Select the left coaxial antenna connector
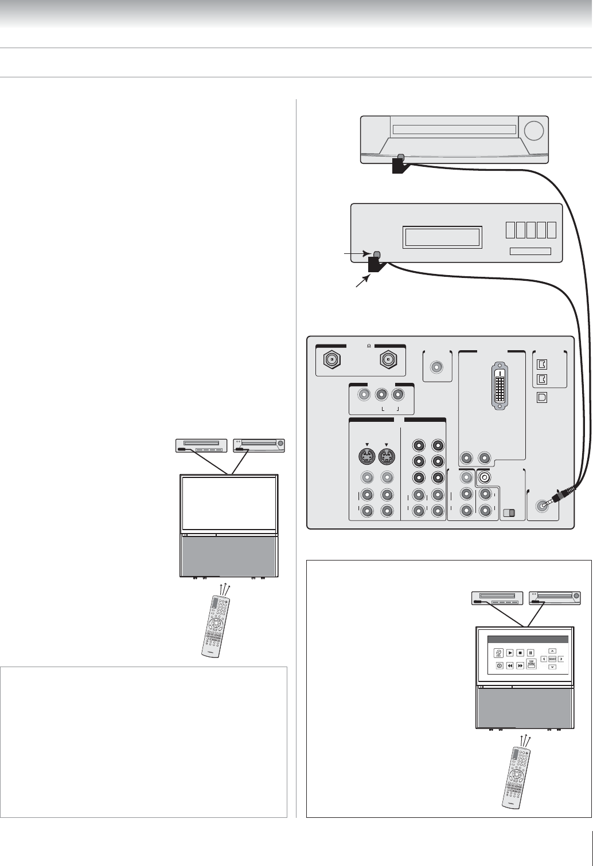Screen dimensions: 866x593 click(331, 361)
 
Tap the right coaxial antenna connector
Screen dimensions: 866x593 click(389, 361)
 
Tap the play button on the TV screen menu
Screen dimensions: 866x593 click(509, 652)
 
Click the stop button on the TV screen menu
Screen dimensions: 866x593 click(520, 652)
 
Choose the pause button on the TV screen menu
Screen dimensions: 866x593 click(531, 652)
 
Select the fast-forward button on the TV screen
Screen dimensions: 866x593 click(520, 666)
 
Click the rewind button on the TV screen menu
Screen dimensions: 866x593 click(509, 666)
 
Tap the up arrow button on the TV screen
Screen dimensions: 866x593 click(552, 651)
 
